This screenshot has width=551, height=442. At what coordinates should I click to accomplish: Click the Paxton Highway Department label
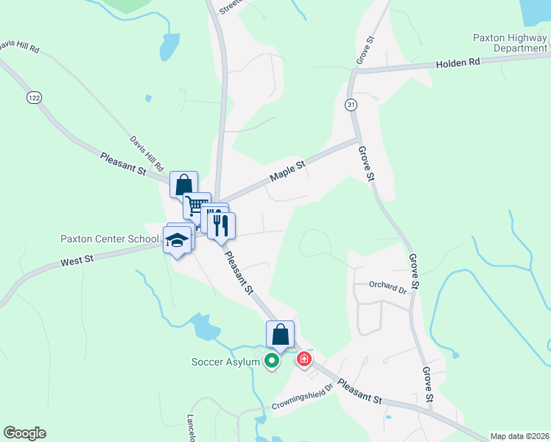(510, 43)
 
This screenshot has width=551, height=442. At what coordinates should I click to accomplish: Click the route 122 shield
(32, 97)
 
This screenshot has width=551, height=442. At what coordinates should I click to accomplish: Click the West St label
(77, 260)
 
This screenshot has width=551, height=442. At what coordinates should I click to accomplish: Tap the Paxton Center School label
(110, 239)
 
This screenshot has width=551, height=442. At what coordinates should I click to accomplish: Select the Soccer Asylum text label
(225, 362)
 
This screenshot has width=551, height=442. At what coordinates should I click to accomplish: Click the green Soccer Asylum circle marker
(272, 361)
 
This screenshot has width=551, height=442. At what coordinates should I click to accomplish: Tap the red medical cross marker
(303, 359)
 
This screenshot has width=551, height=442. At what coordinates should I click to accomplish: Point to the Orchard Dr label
(387, 287)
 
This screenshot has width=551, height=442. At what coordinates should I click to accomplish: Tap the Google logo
(24, 433)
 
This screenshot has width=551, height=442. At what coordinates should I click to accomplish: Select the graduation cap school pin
(178, 240)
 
